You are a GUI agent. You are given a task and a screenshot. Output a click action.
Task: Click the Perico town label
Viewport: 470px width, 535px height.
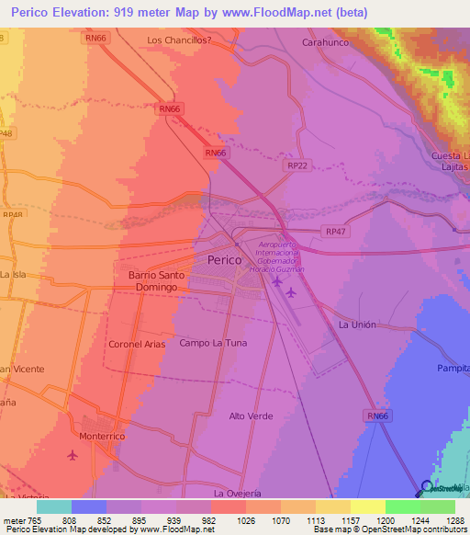pos(225,260)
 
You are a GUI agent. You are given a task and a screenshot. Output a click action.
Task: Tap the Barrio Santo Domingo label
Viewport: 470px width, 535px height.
pos(155,281)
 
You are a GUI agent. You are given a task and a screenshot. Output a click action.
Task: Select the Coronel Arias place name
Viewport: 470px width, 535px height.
pos(138,344)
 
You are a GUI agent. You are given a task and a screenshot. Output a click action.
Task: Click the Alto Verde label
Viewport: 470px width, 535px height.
pos(251,416)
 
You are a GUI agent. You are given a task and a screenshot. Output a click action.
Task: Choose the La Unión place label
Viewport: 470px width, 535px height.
pos(357,325)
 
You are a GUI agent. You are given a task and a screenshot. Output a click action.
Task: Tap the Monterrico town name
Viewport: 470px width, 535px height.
pos(101,436)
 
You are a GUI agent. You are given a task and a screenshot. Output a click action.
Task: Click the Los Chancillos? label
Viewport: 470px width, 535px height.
pos(179,40)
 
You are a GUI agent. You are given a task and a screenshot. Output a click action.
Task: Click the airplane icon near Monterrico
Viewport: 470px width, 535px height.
pos(73,455)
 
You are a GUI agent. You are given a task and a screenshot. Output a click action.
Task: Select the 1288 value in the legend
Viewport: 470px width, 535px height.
pos(444,521)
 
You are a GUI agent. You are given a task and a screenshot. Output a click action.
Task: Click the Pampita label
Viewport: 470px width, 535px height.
pos(454,367)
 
